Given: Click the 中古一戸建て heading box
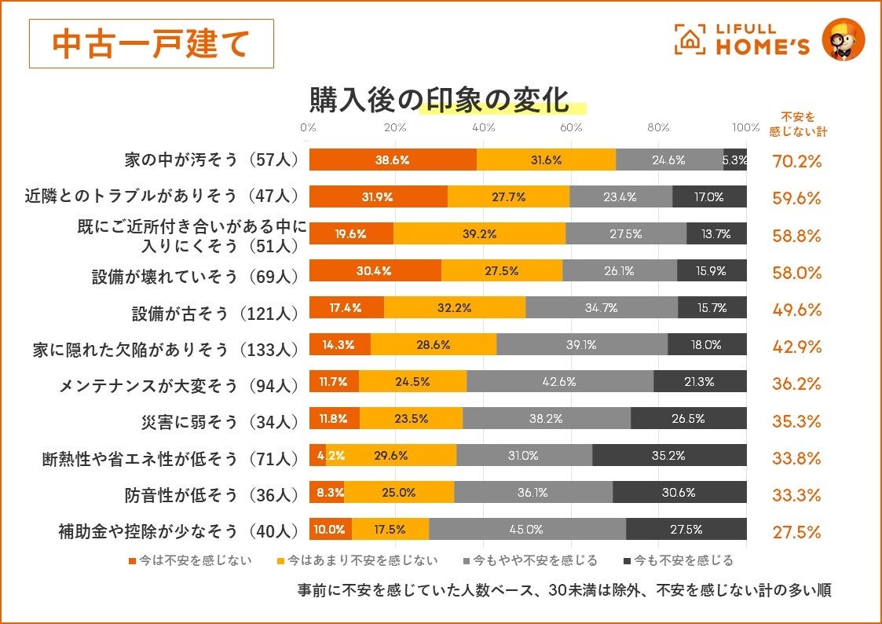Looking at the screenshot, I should pyautogui.click(x=151, y=43).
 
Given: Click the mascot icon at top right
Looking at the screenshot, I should pyautogui.click(x=843, y=40).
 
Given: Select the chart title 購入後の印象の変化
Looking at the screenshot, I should pyautogui.click(x=438, y=101).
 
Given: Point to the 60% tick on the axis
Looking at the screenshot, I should pyautogui.click(x=571, y=128).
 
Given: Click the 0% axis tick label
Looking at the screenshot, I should pyautogui.click(x=308, y=128).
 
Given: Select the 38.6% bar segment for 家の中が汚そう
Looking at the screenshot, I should pyautogui.click(x=393, y=160).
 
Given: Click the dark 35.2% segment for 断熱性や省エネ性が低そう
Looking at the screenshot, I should pyautogui.click(x=668, y=455).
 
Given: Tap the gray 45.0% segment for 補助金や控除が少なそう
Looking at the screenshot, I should pyautogui.click(x=527, y=530).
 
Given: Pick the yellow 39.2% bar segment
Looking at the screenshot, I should pyautogui.click(x=478, y=233).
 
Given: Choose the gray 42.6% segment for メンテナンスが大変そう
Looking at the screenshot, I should pyautogui.click(x=559, y=382).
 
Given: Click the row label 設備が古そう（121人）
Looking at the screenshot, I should pyautogui.click(x=215, y=313).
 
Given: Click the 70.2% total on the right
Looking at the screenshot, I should pyautogui.click(x=796, y=162).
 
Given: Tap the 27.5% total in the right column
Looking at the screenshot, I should pyautogui.click(x=796, y=532).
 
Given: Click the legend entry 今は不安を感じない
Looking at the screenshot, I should pyautogui.click(x=189, y=561).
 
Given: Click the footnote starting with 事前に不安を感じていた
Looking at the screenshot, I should pyautogui.click(x=564, y=590).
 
